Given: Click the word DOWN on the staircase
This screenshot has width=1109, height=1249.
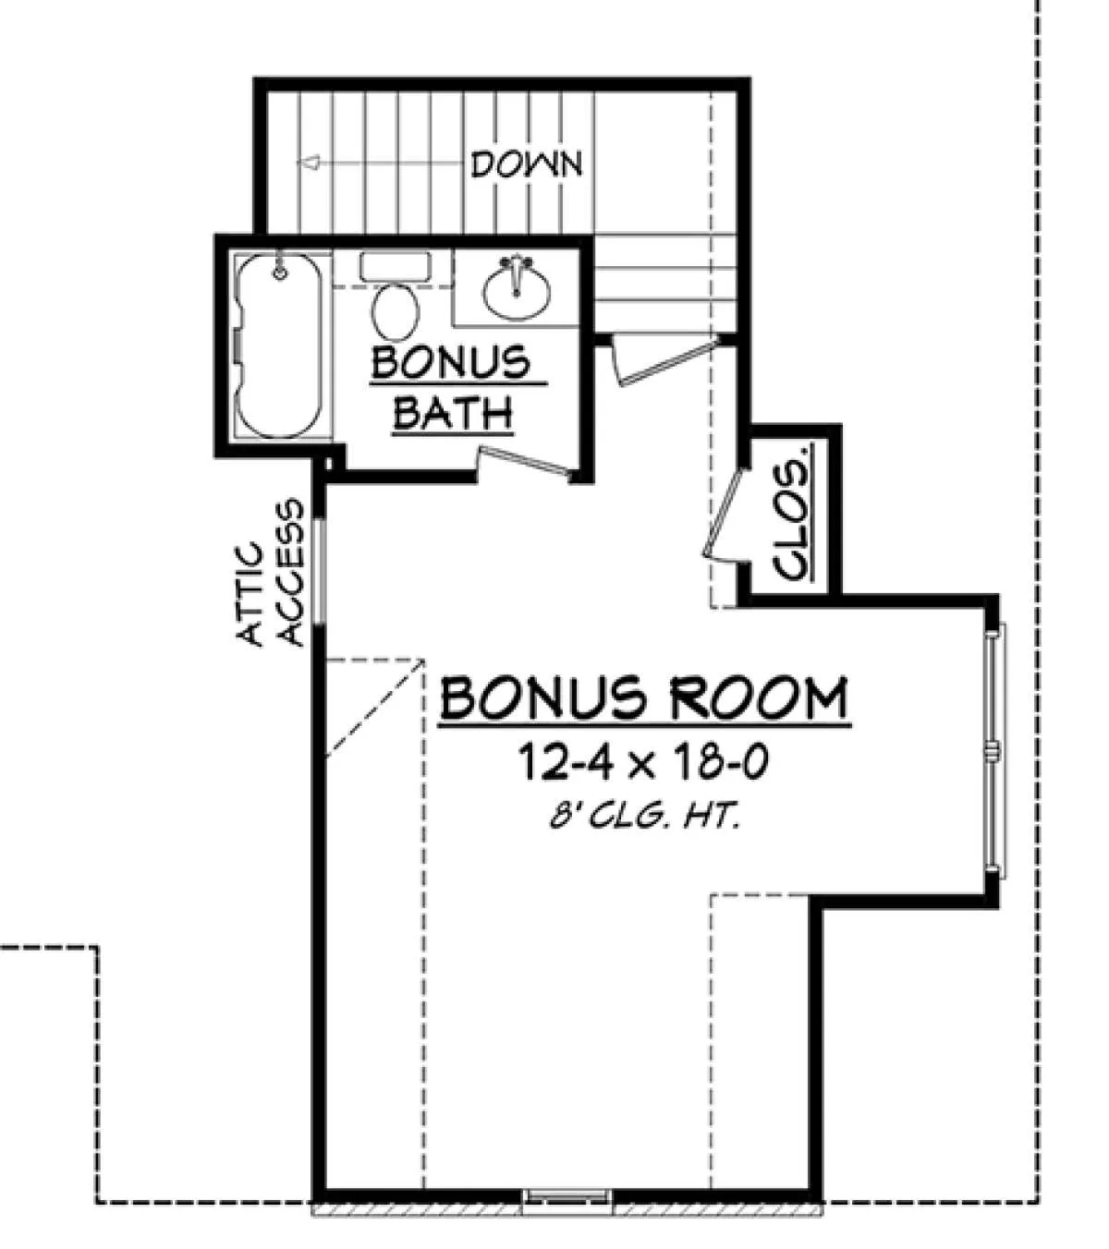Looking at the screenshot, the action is [x=526, y=164].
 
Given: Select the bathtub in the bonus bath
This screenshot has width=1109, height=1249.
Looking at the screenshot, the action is [x=279, y=345].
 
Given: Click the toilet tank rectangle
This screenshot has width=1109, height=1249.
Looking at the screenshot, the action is [x=396, y=266].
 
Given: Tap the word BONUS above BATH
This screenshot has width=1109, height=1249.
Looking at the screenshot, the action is [x=451, y=364].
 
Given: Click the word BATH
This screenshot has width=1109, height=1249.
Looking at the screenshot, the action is [x=453, y=412].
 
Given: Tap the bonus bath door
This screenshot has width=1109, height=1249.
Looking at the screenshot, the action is [x=526, y=462].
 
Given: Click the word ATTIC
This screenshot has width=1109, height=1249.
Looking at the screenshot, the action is [x=251, y=593].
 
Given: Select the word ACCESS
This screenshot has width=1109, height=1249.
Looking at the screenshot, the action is [x=291, y=572].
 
